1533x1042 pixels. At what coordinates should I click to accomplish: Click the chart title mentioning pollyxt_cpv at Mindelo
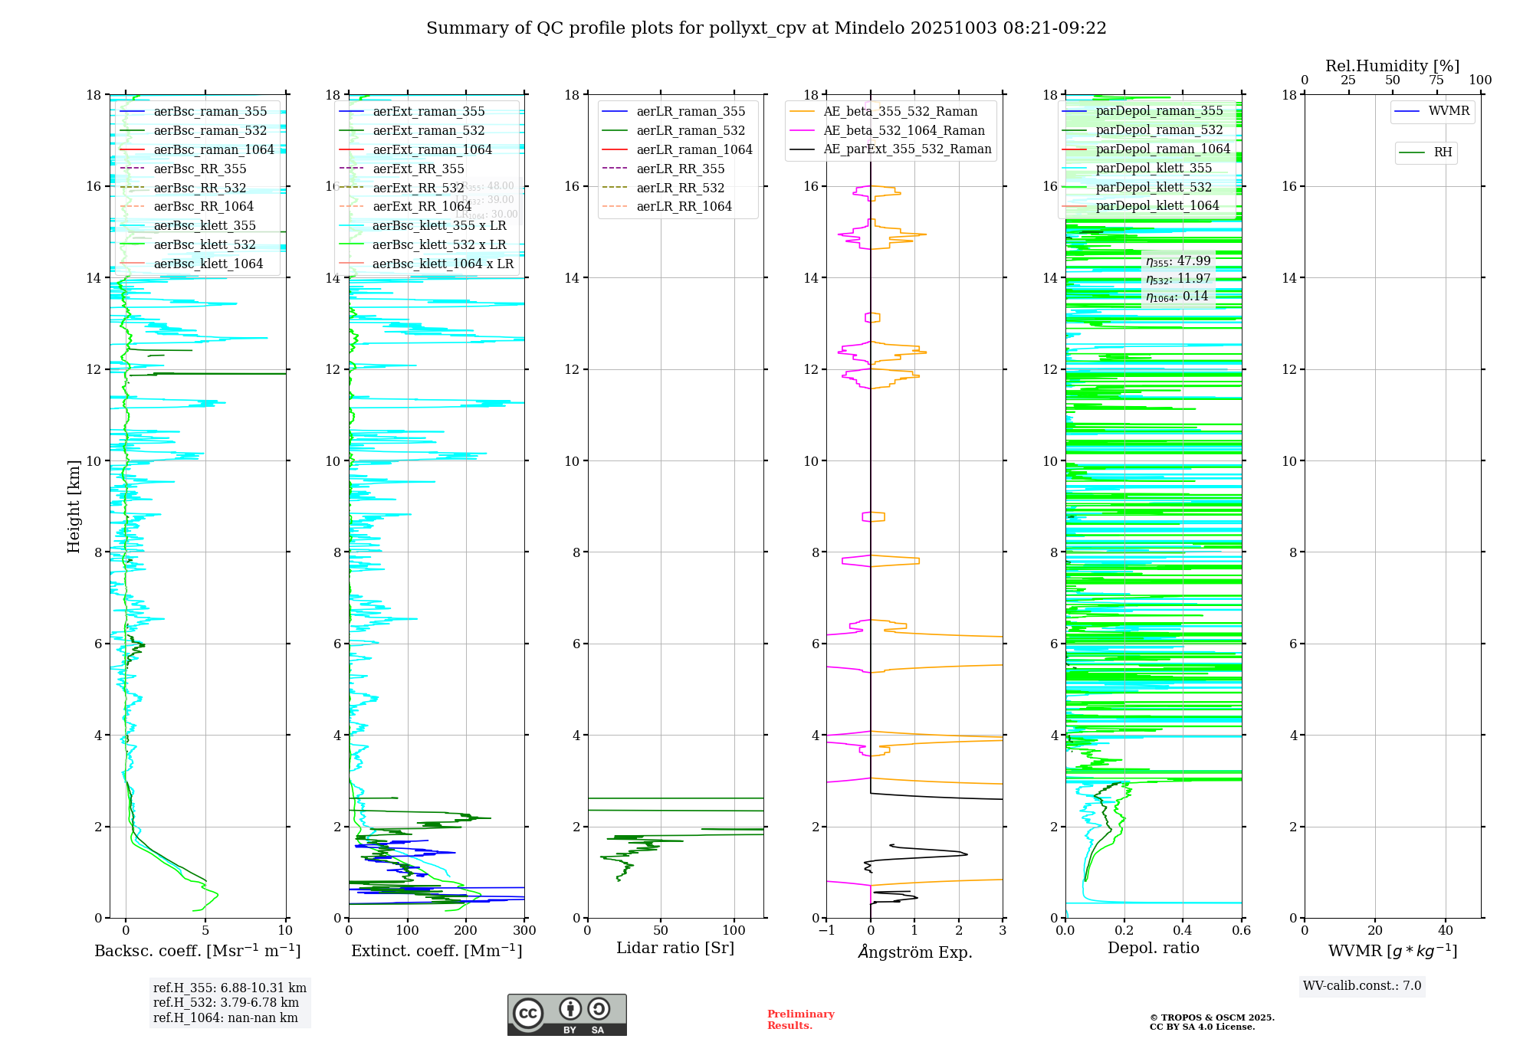[x=766, y=28]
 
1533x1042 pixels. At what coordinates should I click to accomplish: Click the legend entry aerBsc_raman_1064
[x=213, y=149]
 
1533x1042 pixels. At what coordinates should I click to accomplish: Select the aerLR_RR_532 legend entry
[x=680, y=188]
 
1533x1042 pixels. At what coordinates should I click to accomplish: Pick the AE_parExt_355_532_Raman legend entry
[x=907, y=149]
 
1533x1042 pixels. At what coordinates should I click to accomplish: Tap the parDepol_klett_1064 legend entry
[x=1157, y=205]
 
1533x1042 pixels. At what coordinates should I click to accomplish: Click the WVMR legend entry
[x=1449, y=111]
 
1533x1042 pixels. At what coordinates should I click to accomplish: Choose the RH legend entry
[x=1443, y=152]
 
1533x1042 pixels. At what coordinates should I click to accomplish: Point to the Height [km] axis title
[x=74, y=506]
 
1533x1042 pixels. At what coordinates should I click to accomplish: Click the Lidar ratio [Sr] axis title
[x=675, y=948]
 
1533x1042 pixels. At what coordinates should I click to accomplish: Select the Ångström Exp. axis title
[x=914, y=952]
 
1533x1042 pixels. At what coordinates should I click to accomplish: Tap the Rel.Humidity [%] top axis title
[x=1392, y=66]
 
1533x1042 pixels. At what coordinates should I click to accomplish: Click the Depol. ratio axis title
[x=1153, y=948]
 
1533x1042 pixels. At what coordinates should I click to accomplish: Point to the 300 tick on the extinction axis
[x=524, y=931]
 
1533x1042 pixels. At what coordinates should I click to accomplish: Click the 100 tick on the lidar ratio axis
[x=734, y=930]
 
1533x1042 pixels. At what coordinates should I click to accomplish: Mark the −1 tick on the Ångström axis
[x=826, y=931]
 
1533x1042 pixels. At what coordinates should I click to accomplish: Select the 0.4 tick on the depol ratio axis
[x=1183, y=931]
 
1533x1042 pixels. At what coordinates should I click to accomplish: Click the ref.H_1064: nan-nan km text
[x=225, y=1017]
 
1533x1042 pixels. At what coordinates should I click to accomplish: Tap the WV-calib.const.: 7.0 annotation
[x=1361, y=986]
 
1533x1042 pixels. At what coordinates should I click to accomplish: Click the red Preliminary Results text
[x=800, y=1020]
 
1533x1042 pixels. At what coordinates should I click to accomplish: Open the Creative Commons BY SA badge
[x=566, y=1015]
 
